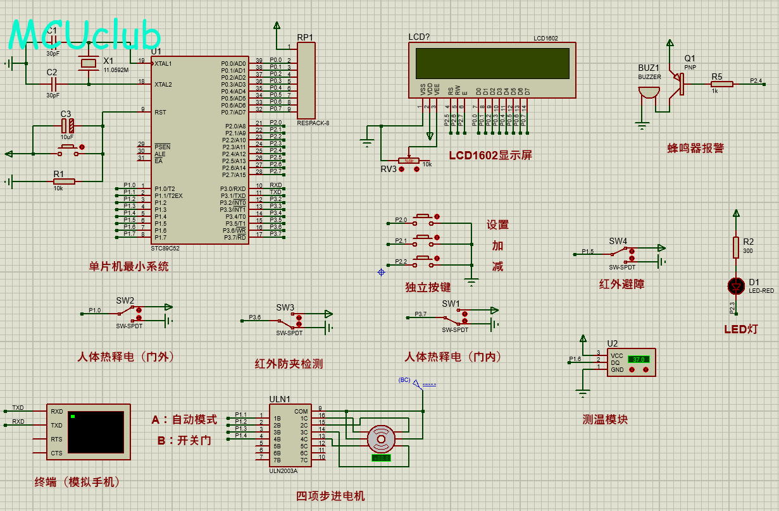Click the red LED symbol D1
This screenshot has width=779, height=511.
point(735,286)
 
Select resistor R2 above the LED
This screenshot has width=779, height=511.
point(735,247)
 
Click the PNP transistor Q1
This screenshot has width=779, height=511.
point(680,84)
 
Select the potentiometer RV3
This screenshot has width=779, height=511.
point(409,161)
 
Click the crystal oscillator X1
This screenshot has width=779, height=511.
point(87,63)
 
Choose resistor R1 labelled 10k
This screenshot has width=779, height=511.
point(64,182)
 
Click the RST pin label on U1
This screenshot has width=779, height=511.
point(161,113)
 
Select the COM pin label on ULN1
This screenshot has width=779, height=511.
point(301,411)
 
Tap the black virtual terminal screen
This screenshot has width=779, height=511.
point(96,432)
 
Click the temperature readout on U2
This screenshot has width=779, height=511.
point(638,359)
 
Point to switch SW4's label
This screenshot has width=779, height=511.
point(618,241)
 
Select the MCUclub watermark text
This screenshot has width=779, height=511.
point(85,35)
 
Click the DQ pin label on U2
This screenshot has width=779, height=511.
point(615,362)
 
